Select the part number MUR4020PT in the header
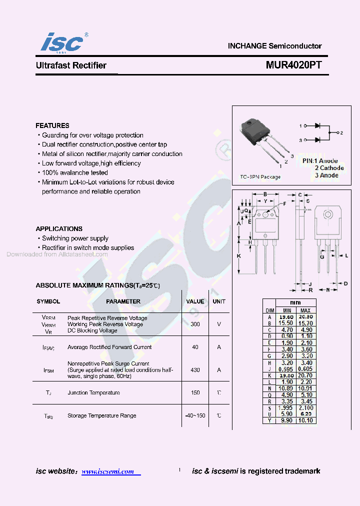pos(293,65)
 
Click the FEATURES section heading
pos(52,125)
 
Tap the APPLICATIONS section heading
pos(59,228)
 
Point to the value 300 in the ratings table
pos(195,324)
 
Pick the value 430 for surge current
pos(195,370)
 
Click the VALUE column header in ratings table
pos(195,301)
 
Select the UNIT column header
pos(219,301)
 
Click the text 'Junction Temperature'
pos(93,393)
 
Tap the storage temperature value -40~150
pos(195,416)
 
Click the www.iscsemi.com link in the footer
pos(108,471)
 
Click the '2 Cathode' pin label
pos(329,168)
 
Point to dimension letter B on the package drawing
pos(265,194)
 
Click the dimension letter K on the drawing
pos(238,256)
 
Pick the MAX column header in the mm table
pos(305,310)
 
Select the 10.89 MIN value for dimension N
pos(286,388)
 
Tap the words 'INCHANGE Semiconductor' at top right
pos(274,45)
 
